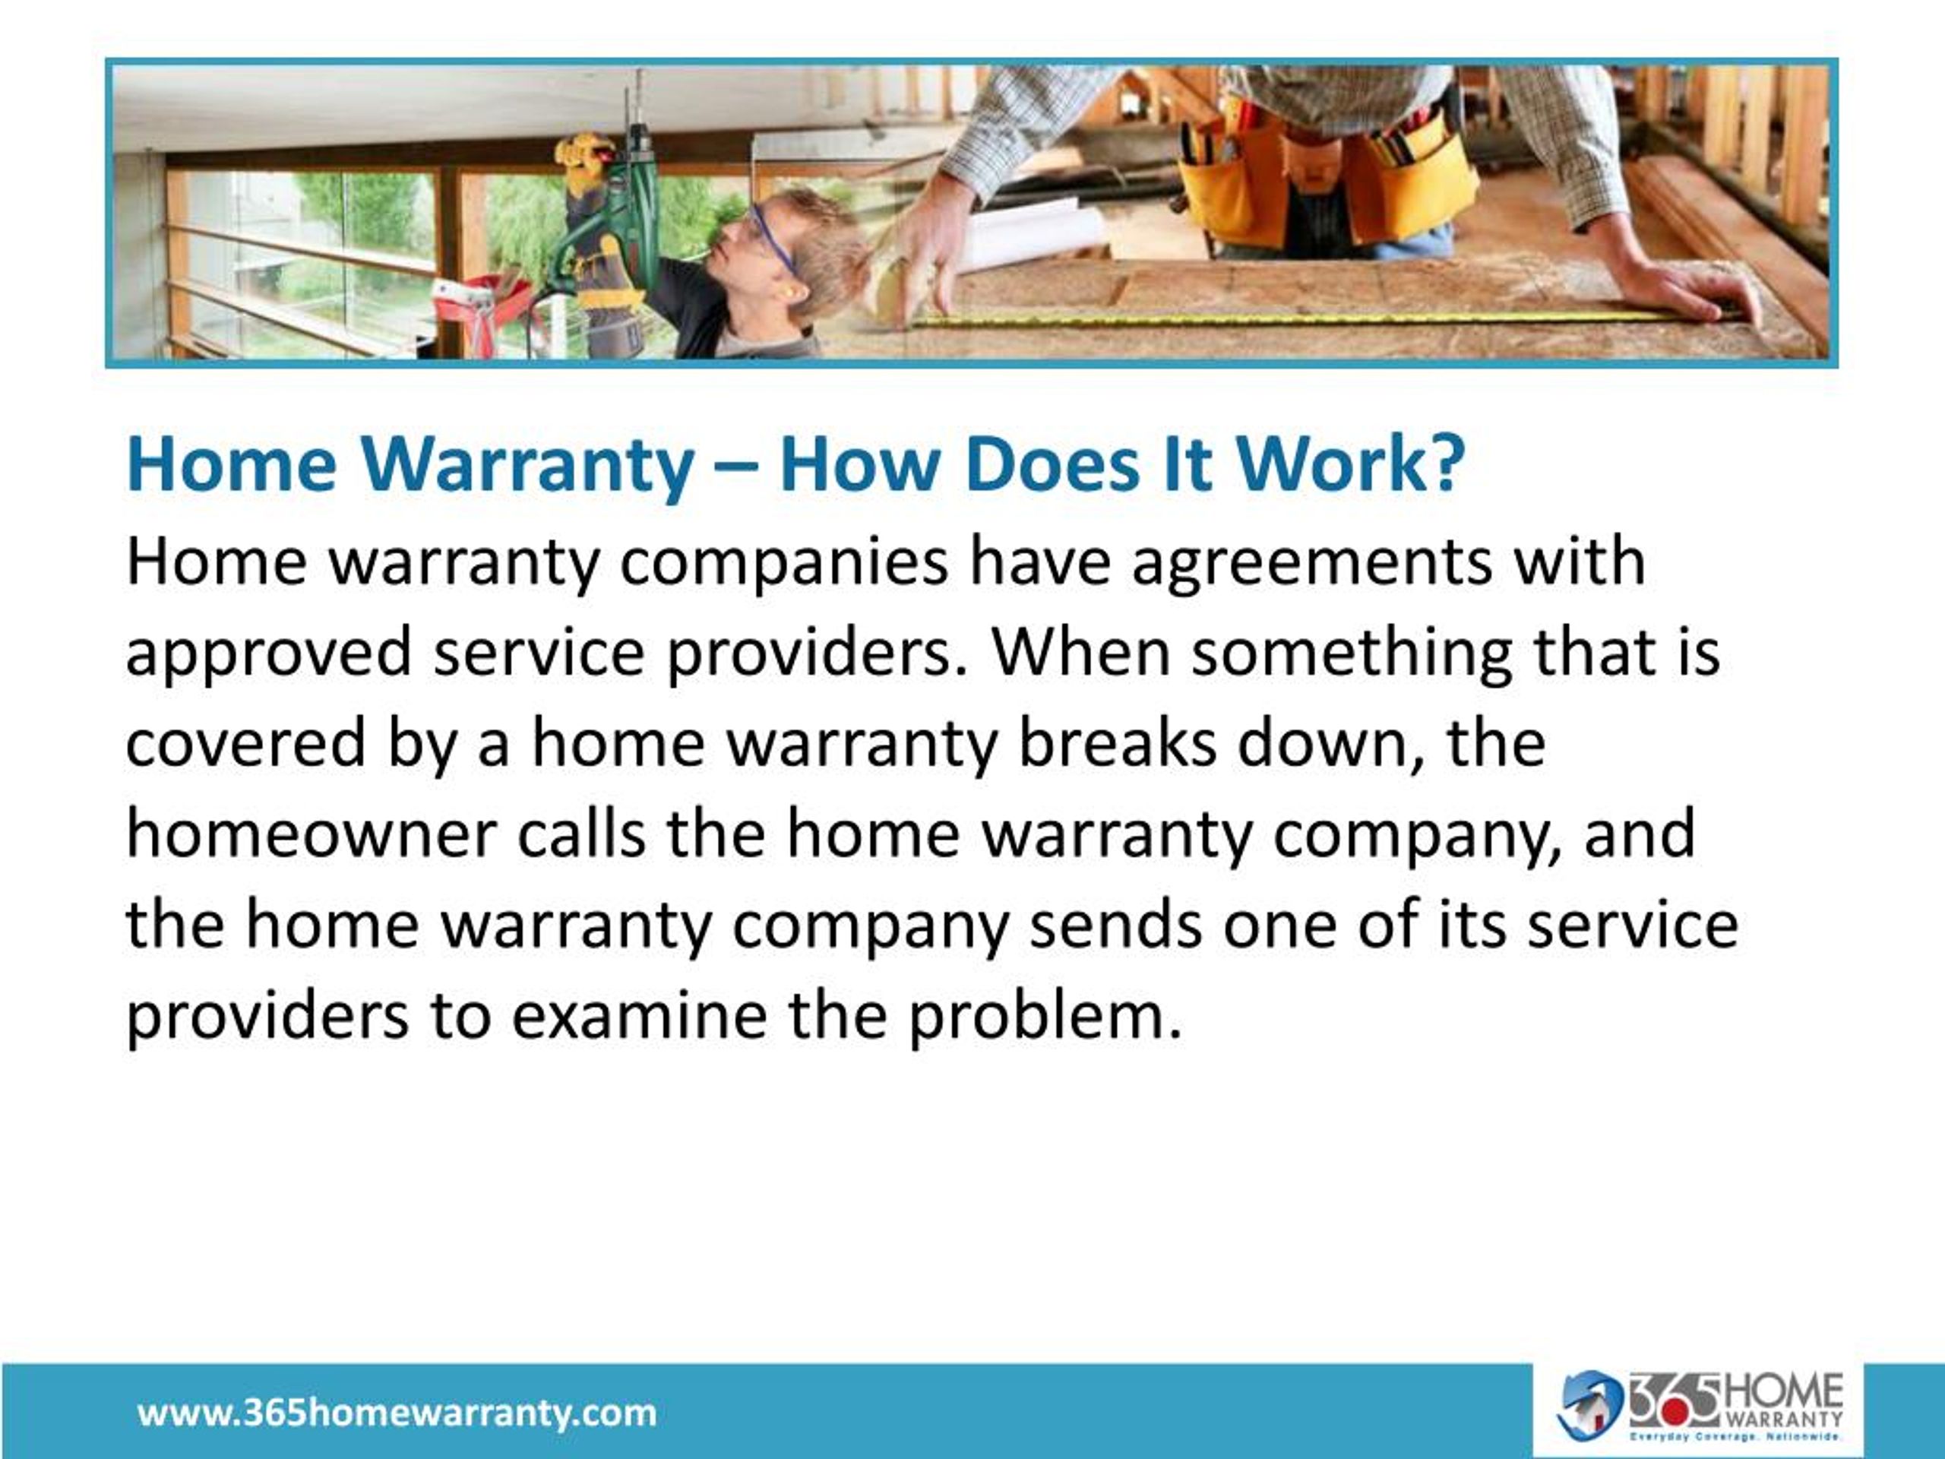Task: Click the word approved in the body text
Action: point(268,654)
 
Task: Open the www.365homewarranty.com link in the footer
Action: point(397,1413)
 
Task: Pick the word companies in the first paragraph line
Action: point(783,563)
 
